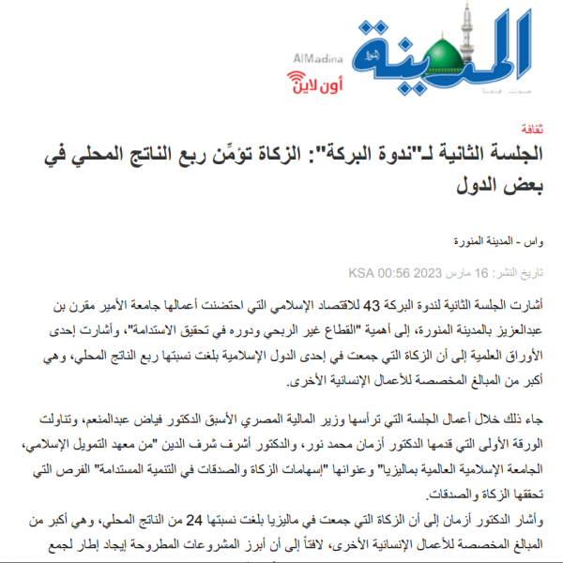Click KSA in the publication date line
coord(362,274)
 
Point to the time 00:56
coord(394,274)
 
